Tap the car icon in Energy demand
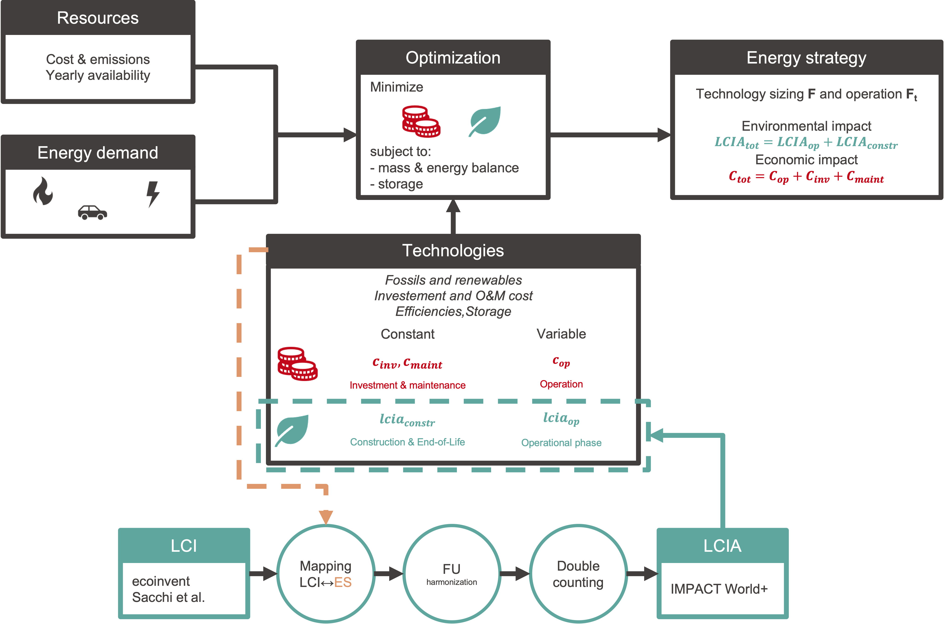click(92, 213)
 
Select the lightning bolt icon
click(153, 194)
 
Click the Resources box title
click(98, 18)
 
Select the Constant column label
click(407, 334)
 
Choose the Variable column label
click(561, 334)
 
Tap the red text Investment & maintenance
click(407, 385)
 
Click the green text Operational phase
click(561, 442)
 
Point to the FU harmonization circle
click(452, 573)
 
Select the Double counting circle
click(578, 573)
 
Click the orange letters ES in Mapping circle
click(343, 582)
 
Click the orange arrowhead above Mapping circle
click(326, 517)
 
